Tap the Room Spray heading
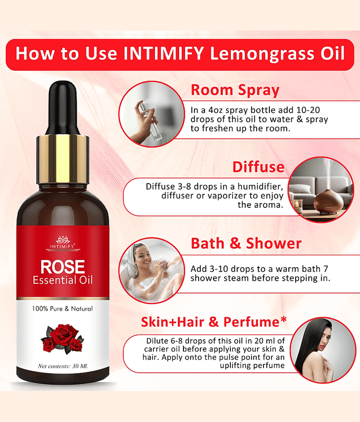click(235, 90)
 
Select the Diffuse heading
click(258, 167)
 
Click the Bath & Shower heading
click(246, 243)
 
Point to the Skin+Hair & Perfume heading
click(214, 322)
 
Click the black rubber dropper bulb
click(63, 108)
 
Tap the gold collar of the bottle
click(63, 159)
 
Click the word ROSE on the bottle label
click(63, 267)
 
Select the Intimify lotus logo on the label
click(63, 240)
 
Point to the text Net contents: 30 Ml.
click(63, 366)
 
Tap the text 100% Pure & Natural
click(62, 309)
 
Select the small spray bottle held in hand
click(149, 119)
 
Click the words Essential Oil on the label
click(63, 280)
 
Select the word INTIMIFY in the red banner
click(163, 54)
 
